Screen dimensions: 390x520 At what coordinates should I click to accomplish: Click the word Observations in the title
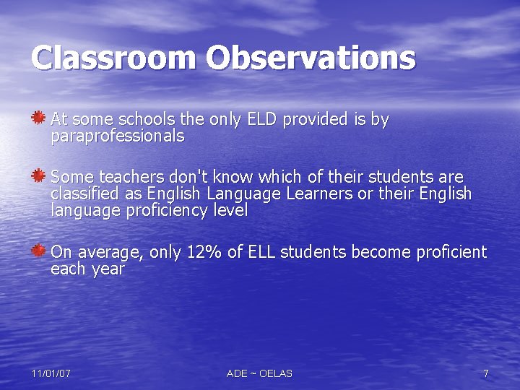[311, 58]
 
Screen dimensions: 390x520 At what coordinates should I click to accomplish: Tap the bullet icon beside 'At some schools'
[39, 117]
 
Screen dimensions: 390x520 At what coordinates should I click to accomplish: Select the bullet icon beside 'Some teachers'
[39, 175]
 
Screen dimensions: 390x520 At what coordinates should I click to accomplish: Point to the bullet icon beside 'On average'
[39, 251]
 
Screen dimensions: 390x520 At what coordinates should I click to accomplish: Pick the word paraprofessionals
[118, 136]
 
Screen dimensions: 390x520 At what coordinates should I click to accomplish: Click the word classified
[86, 194]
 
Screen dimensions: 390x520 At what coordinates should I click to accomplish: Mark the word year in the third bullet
[108, 270]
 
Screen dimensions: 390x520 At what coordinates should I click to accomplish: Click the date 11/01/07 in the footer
[51, 373]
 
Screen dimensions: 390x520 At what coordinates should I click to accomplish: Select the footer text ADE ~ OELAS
[259, 373]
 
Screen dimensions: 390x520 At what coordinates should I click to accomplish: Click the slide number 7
[486, 373]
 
